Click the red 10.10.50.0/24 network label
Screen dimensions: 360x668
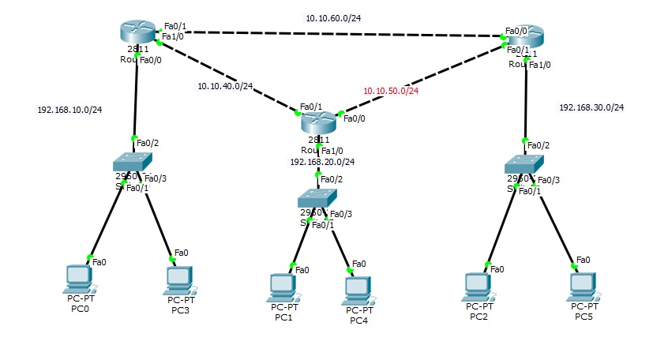(x=391, y=91)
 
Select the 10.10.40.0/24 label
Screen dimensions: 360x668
(x=225, y=86)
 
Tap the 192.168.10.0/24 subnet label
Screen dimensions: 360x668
(x=69, y=110)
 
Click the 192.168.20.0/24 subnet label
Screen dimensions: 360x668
(x=322, y=162)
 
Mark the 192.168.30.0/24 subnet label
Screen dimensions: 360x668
(x=591, y=107)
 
